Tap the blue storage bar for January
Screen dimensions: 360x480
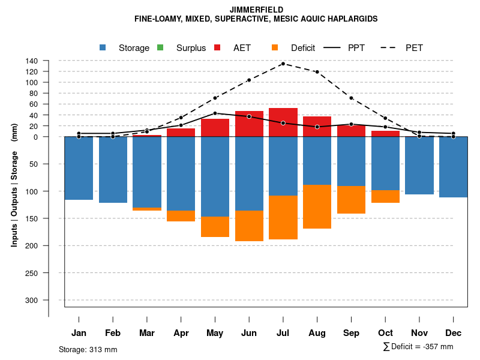(79, 168)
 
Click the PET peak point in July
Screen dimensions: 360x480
(283, 64)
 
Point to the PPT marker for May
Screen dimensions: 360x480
(215, 113)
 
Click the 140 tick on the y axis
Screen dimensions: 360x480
(32, 61)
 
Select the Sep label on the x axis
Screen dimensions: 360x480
(352, 333)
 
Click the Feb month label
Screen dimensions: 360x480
(113, 333)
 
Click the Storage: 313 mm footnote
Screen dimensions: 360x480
(88, 349)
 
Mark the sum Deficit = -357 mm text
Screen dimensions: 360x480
(418, 347)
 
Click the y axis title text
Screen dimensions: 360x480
(14, 185)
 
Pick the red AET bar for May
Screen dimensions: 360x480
(215, 128)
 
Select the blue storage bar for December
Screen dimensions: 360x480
(453, 167)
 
